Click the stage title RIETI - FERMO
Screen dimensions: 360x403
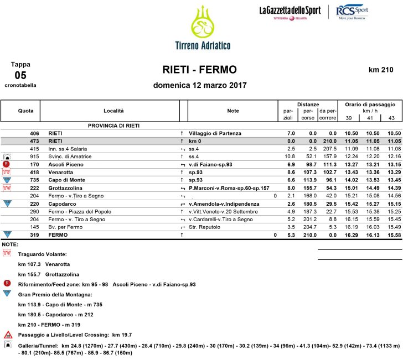200,70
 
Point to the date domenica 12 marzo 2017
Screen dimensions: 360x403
200,86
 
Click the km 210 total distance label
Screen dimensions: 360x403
380,70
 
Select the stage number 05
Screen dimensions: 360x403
20,75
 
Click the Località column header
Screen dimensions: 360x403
114,111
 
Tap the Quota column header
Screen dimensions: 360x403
25,111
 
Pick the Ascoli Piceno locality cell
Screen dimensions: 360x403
66,165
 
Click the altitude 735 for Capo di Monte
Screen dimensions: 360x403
34,180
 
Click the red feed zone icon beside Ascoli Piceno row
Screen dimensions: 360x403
7,164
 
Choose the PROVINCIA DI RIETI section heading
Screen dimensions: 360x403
113,126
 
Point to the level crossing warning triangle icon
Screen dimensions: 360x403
8,335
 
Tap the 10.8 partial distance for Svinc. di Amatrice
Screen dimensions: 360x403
291,156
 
